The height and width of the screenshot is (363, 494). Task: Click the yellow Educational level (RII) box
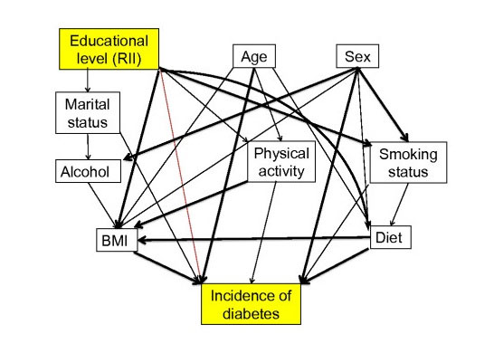coord(109,49)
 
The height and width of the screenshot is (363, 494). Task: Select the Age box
coord(254,56)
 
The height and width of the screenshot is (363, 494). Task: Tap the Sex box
coord(357,56)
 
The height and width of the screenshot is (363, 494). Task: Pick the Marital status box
coord(88,113)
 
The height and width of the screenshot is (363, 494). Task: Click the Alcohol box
coord(89,171)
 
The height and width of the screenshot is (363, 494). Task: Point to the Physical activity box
coord(281,162)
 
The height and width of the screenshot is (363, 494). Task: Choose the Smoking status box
coord(408,162)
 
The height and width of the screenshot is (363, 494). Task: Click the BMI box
coord(117,240)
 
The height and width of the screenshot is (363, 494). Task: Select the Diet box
coord(390,237)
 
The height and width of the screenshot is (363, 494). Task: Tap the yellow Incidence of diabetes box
coord(252,304)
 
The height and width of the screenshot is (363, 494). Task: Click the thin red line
coord(180,176)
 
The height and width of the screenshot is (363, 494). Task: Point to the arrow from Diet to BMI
coord(253,239)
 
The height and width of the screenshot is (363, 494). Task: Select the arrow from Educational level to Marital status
coord(88,81)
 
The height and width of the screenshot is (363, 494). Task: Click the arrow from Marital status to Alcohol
coord(88,147)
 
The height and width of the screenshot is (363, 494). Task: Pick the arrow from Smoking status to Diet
coord(400,205)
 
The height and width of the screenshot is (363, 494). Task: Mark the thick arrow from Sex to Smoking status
coord(383,105)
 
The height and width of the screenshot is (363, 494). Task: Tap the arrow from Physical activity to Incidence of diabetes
coord(263,233)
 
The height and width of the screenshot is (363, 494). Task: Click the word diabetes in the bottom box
coord(252,313)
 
